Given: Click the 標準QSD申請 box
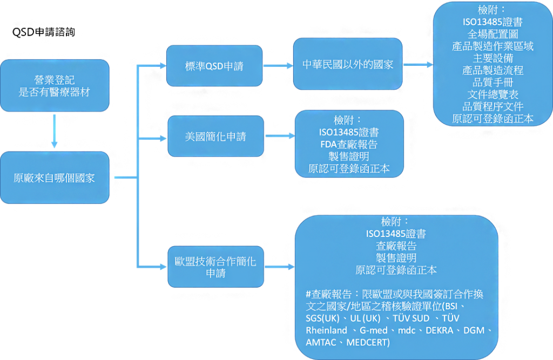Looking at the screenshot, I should coord(214,66).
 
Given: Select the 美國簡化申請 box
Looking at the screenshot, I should coord(215,136).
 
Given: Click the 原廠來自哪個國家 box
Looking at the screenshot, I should coord(54,178).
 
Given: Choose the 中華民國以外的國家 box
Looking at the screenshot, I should coord(347,64).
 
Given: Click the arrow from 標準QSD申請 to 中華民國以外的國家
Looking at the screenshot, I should coord(278,65).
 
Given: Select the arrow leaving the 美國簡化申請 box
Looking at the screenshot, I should coord(280,136).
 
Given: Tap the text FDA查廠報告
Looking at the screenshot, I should coord(348,144).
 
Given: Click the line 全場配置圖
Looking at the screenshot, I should coord(493,34).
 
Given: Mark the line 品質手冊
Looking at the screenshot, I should coord(493,82).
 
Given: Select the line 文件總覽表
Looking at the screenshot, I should coord(493,94).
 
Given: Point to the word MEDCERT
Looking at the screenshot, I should coord(367,342).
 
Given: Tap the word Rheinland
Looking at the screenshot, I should coord(326,330).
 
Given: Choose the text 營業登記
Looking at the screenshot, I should coord(54,80).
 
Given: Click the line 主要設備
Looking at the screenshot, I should coord(493,58).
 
